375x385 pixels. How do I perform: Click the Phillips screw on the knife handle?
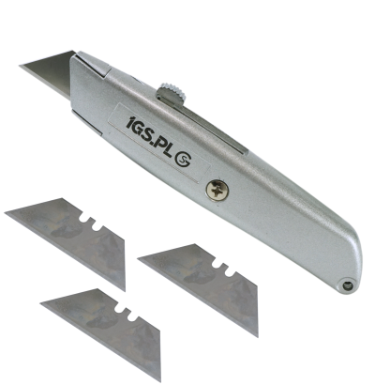(217, 191)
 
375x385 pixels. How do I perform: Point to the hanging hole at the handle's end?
(347, 285)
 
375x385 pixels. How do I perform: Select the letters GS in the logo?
(145, 131)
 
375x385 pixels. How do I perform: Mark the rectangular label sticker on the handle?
(159, 144)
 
